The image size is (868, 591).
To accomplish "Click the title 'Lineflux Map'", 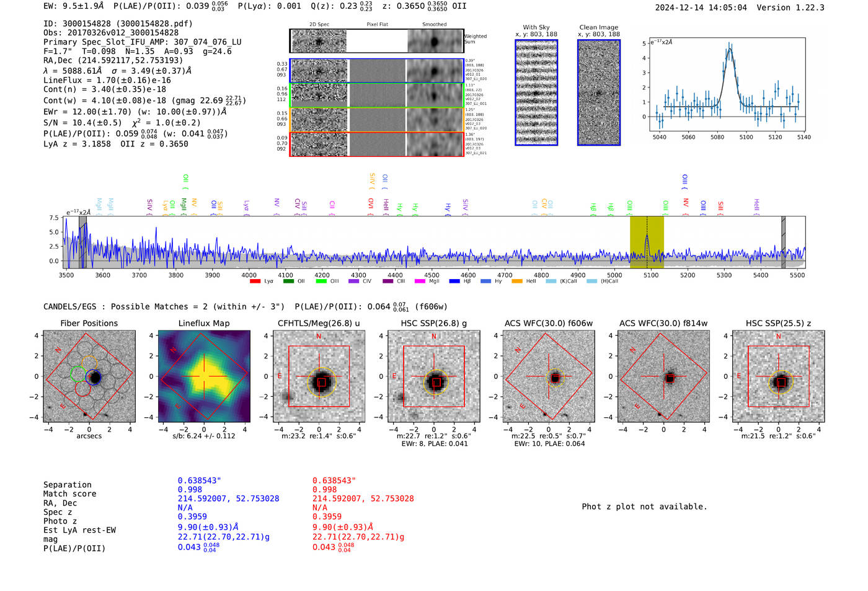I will point(203,323).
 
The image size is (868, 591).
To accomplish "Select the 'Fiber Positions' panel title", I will point(89,323).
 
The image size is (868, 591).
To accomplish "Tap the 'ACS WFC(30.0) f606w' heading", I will point(548,323).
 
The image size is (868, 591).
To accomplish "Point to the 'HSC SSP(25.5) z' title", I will point(778,323).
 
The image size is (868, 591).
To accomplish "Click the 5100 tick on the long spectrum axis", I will point(651,275).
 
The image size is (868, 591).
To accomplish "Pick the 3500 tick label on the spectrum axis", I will point(66,275).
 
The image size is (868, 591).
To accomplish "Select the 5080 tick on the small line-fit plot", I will point(717,137).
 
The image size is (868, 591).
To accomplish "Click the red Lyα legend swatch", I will point(255,282).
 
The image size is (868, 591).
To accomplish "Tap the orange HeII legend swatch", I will point(516,282).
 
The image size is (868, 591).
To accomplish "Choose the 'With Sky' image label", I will point(536,27).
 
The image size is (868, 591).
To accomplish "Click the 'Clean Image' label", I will point(598,27).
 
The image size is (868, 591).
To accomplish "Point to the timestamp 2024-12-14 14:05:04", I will point(701,7).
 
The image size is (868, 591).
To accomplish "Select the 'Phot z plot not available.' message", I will point(644,507).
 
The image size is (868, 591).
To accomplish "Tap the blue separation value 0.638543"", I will point(199,481).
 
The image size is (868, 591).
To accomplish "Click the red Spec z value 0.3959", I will point(327,517).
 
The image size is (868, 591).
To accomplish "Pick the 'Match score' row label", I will point(69,494).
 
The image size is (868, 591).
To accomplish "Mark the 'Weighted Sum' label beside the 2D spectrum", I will point(475,39).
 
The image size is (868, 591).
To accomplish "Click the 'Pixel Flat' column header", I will point(377,24).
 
